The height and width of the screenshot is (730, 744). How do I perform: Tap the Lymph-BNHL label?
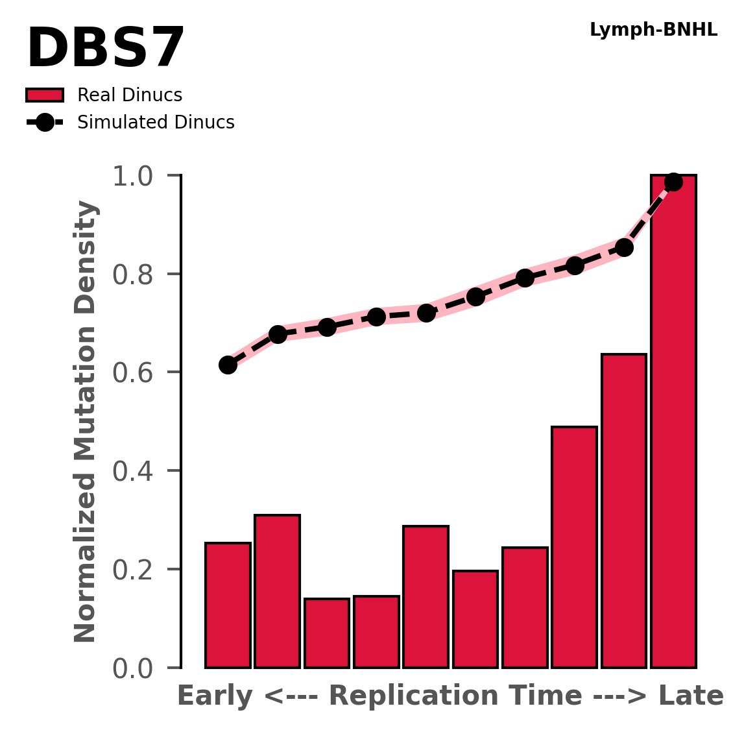pyautogui.click(x=653, y=30)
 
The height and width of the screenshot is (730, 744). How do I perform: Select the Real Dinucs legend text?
pyautogui.click(x=130, y=95)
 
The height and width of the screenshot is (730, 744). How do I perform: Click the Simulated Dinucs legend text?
pyautogui.click(x=156, y=123)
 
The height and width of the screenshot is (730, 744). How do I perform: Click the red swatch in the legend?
pyautogui.click(x=45, y=95)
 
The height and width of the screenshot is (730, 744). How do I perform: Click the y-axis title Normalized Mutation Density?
pyautogui.click(x=86, y=422)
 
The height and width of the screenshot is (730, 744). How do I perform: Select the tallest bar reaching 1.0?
pyautogui.click(x=673, y=422)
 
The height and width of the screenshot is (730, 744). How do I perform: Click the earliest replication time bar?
pyautogui.click(x=228, y=605)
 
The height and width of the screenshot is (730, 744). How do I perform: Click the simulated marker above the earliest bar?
pyautogui.click(x=228, y=365)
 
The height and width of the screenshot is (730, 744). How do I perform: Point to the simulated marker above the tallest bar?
pyautogui.click(x=673, y=182)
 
